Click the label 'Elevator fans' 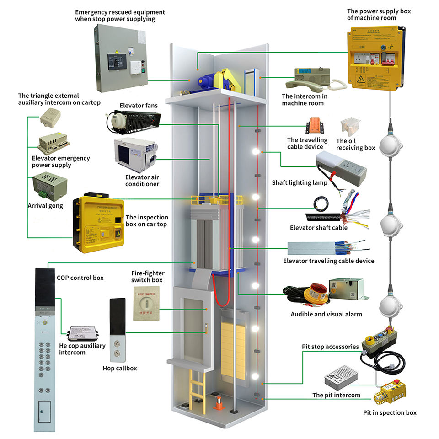139,106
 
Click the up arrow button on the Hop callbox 118,343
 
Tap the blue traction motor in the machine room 204,81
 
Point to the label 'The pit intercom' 336,395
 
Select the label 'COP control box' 80,278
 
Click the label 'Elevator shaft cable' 319,228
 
